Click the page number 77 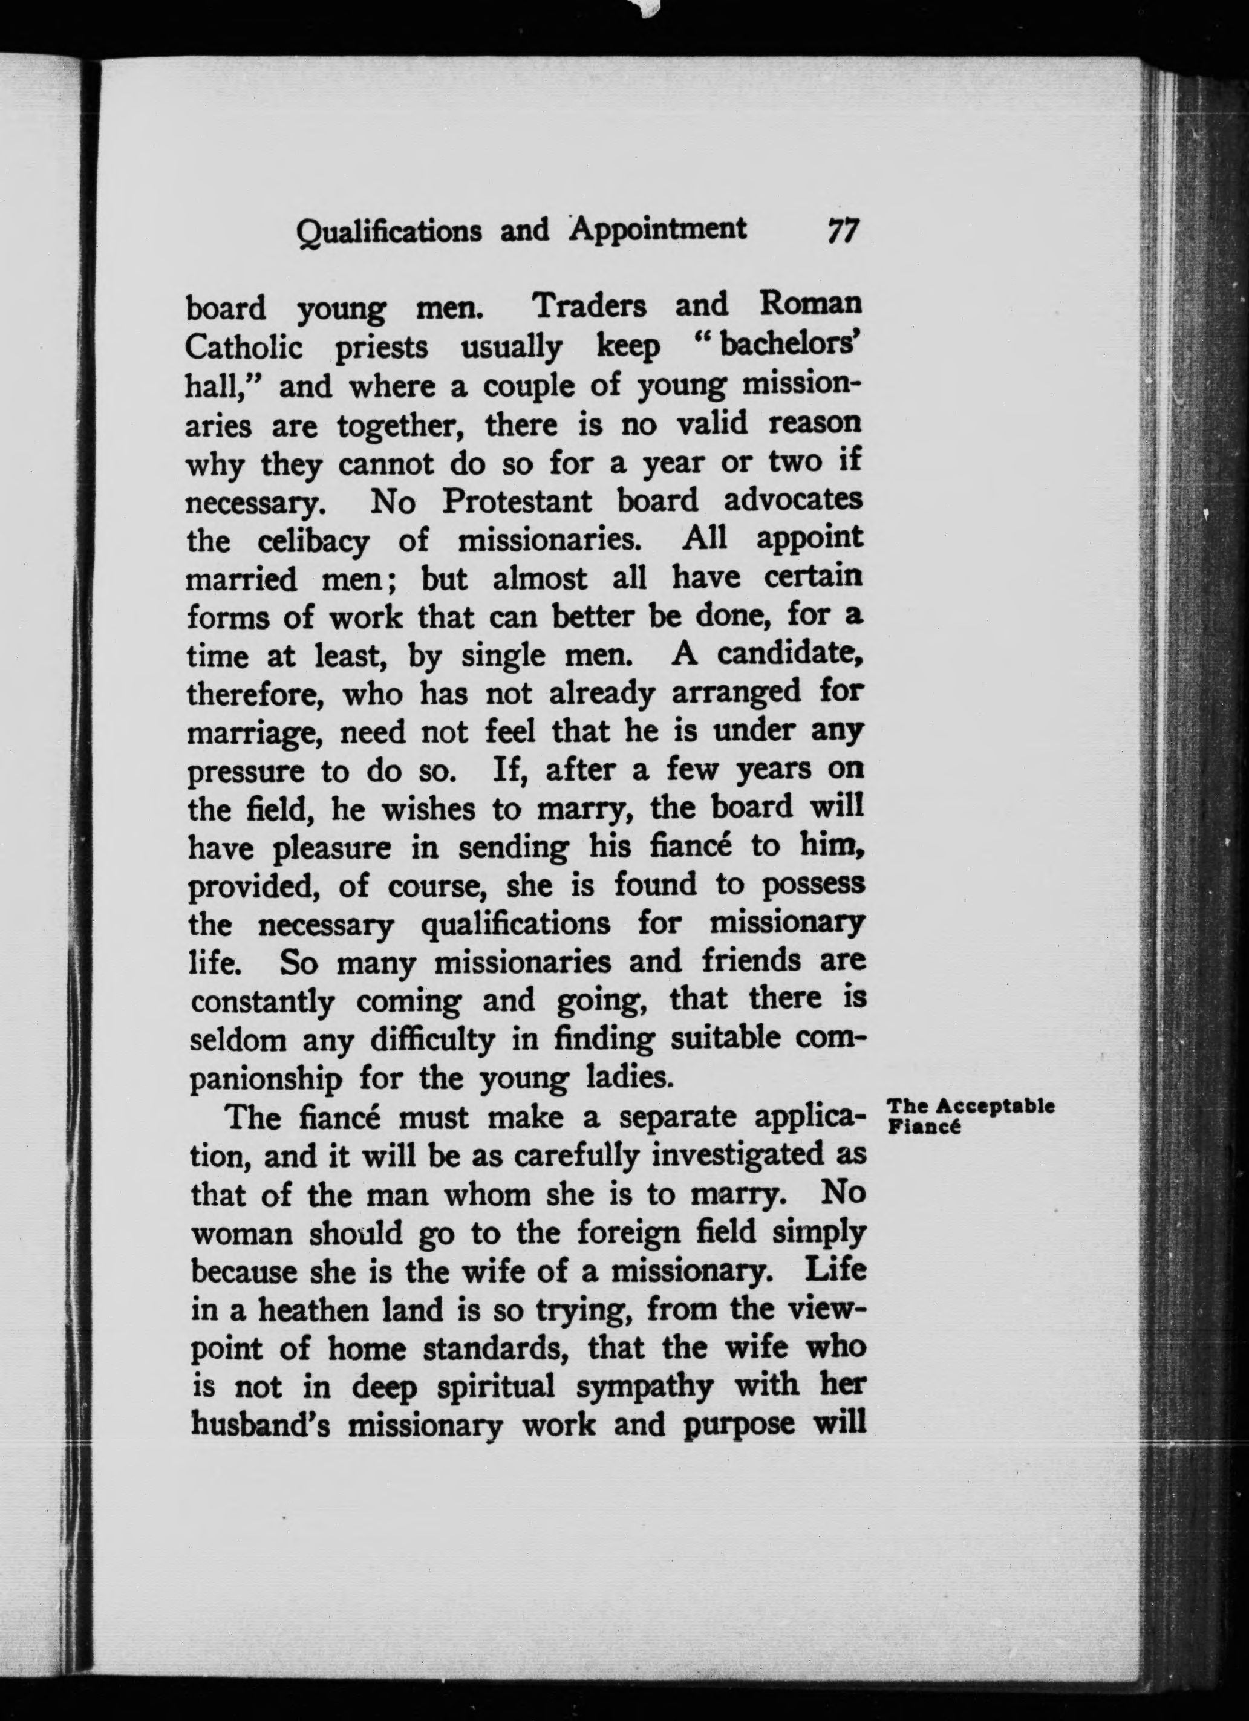click(843, 230)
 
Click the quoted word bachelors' click(789, 346)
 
